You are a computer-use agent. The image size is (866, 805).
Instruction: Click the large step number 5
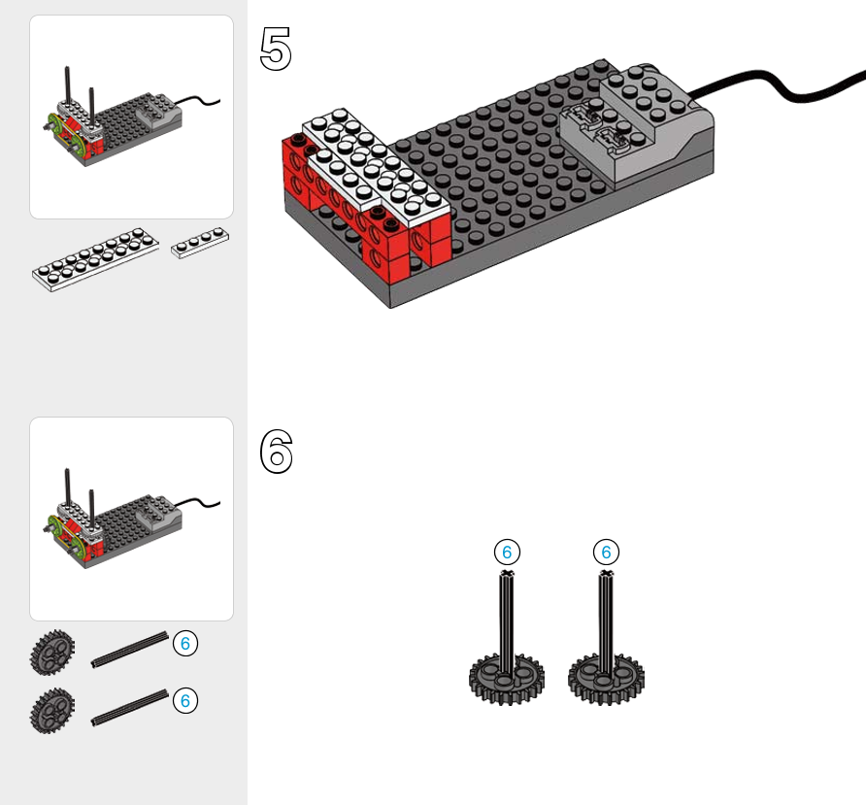276,49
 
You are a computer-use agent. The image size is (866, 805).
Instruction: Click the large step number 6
276,452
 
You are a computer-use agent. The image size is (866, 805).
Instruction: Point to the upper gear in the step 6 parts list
51,653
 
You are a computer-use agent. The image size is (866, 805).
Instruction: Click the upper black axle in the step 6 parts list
130,651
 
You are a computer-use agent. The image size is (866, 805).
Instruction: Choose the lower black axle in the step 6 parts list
130,709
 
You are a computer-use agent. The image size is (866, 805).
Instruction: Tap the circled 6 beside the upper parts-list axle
185,643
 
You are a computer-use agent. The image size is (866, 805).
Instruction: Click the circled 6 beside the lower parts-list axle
185,699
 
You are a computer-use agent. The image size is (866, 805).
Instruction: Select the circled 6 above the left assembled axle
506,553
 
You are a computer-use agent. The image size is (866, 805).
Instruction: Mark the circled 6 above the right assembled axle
607,553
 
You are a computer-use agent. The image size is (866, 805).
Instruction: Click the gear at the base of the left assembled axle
506,676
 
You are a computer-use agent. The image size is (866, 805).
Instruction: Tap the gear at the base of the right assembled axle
606,676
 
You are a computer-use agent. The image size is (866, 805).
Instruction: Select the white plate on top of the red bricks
374,165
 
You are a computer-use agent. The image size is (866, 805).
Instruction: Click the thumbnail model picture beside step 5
131,117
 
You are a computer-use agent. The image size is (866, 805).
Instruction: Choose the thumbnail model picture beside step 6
131,519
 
